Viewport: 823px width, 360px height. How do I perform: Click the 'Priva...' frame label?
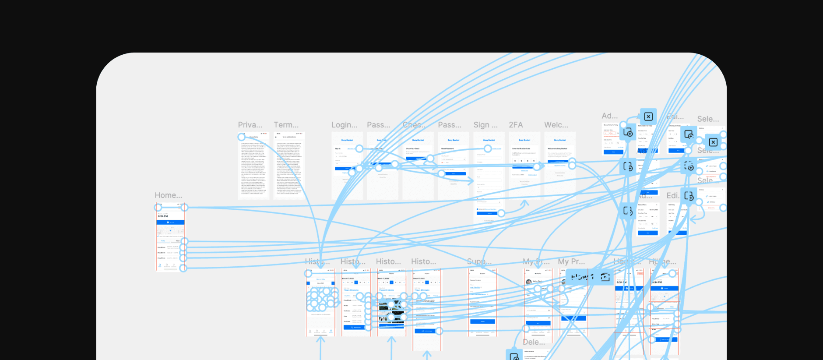click(x=250, y=125)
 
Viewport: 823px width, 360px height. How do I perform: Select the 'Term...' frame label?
click(x=286, y=125)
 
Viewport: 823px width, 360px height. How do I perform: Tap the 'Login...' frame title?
click(x=344, y=125)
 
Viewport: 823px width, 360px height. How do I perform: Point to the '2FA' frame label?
click(x=516, y=125)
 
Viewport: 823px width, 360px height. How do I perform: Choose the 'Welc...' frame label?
click(x=556, y=125)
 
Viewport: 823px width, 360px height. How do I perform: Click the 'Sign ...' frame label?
click(x=485, y=125)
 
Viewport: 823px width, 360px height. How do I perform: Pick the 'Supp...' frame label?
click(x=479, y=261)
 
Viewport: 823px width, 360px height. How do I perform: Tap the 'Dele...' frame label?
click(x=534, y=342)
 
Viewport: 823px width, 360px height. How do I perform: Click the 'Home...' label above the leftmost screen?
click(x=168, y=195)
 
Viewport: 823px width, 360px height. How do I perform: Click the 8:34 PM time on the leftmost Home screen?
click(x=163, y=216)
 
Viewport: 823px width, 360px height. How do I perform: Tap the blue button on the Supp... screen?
click(x=482, y=321)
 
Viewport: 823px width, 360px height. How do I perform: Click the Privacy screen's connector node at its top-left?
click(x=241, y=137)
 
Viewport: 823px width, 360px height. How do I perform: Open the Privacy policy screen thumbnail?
click(x=253, y=166)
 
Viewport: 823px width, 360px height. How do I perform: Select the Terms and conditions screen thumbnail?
click(x=289, y=166)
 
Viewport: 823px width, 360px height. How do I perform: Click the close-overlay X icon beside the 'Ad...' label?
click(x=648, y=116)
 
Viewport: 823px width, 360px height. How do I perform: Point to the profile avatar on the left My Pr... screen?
click(x=528, y=282)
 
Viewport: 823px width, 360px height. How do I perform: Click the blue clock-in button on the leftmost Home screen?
click(x=170, y=222)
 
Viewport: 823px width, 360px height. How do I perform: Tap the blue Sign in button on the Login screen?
click(x=347, y=169)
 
